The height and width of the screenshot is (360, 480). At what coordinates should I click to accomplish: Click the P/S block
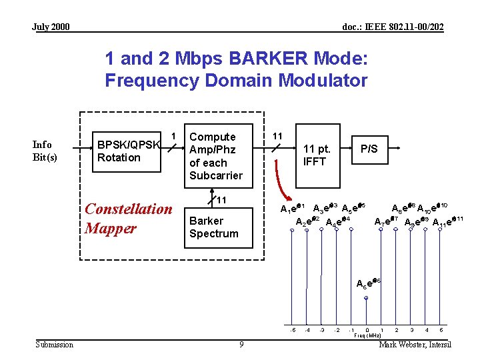click(369, 149)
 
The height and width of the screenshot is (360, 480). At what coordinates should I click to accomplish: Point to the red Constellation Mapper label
click(128, 219)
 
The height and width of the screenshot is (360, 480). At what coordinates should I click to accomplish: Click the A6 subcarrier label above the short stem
click(368, 283)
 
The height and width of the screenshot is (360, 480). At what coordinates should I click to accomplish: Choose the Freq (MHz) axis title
click(367, 336)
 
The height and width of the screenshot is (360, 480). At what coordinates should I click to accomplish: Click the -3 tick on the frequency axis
click(322, 330)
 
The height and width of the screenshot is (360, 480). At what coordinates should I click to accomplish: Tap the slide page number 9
click(241, 345)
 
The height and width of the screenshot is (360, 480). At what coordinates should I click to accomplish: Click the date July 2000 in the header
click(51, 27)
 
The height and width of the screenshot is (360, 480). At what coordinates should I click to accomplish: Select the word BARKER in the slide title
click(271, 59)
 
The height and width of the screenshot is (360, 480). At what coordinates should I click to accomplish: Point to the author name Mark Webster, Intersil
click(415, 345)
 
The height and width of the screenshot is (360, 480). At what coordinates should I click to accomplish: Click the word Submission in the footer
click(55, 345)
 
